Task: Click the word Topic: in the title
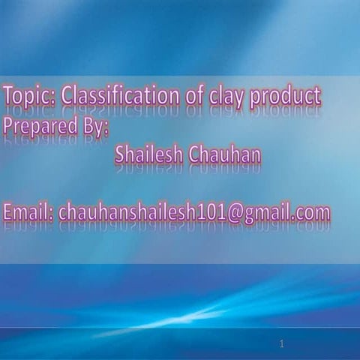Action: (28, 97)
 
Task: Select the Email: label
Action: (28, 213)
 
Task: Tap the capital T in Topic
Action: (8, 96)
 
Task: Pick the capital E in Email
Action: (8, 213)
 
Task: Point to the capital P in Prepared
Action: (9, 125)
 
